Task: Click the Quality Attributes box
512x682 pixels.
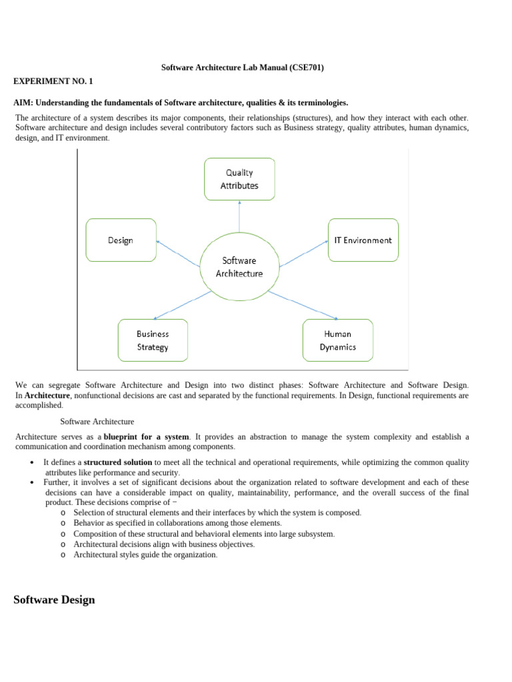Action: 239,178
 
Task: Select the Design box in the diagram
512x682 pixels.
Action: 121,240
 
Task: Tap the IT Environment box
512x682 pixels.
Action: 363,240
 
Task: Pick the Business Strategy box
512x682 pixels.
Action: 153,340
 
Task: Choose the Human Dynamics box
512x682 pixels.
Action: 338,340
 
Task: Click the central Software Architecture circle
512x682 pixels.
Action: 239,266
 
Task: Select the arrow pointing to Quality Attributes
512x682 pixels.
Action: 239,216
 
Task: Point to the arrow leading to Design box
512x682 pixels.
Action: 178,254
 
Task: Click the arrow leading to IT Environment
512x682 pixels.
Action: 303,254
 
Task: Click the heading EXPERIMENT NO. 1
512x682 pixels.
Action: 53,81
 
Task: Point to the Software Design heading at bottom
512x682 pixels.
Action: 54,600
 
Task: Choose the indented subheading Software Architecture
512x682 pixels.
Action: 97,422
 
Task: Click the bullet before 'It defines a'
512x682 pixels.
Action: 32,462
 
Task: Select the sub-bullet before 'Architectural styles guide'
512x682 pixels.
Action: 62,555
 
